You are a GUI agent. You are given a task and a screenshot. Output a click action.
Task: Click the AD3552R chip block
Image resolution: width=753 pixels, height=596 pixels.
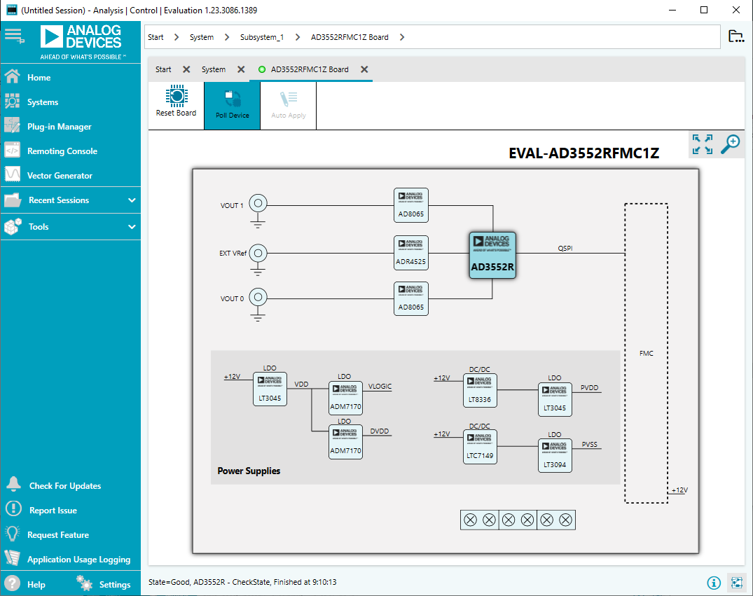tap(492, 255)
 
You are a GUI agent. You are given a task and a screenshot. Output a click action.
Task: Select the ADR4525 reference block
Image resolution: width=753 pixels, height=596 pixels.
tap(411, 253)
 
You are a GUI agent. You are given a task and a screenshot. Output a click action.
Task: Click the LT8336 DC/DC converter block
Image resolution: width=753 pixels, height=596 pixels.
tap(480, 390)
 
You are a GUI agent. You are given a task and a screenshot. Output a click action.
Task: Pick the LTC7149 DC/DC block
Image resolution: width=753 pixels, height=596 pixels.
tap(480, 446)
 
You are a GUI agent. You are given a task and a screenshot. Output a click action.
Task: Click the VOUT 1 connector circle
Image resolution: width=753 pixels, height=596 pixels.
tap(258, 204)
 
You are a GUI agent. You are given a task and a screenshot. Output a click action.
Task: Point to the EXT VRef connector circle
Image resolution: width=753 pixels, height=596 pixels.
tap(258, 252)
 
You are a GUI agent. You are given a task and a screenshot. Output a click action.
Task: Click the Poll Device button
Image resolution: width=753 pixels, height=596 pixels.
tap(232, 105)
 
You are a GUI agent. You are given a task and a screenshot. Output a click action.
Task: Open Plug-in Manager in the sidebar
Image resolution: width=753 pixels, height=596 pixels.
tap(59, 127)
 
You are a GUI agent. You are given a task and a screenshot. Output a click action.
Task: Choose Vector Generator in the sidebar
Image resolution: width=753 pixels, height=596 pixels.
tap(60, 176)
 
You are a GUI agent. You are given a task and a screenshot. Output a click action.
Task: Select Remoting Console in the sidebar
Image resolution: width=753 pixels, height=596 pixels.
tap(62, 151)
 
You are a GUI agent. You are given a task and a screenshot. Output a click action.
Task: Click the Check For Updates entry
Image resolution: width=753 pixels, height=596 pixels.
tap(64, 486)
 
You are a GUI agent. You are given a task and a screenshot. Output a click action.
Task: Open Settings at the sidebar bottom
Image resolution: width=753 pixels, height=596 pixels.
tap(114, 584)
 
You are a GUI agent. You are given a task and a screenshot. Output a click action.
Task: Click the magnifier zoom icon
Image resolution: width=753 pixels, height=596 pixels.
tap(731, 144)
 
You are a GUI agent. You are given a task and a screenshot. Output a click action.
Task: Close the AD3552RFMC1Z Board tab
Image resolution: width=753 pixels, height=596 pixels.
tap(364, 69)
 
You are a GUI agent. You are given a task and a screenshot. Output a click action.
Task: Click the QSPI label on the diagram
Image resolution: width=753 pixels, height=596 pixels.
tap(565, 248)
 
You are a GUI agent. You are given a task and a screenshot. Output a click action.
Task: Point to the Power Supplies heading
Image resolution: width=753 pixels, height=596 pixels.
tap(249, 471)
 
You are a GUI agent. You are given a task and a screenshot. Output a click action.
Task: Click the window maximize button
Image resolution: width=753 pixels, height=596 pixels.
tap(705, 10)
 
